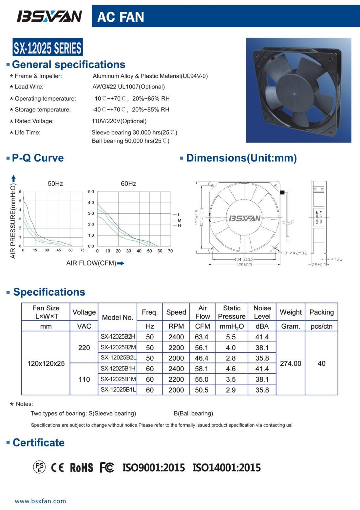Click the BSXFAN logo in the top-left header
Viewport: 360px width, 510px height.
(x=49, y=16)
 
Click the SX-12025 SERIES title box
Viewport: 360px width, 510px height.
(x=47, y=48)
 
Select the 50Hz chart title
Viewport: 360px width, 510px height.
(x=55, y=184)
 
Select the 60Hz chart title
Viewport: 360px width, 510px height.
(x=128, y=184)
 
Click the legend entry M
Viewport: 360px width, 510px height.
(x=179, y=220)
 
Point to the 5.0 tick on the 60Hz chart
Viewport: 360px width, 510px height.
(x=91, y=192)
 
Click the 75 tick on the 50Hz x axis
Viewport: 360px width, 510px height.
(x=82, y=250)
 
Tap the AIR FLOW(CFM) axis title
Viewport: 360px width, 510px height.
(x=91, y=263)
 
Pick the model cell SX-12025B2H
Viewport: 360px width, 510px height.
(x=118, y=337)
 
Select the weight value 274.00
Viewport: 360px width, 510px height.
(x=291, y=363)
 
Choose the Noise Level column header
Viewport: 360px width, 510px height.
(x=262, y=312)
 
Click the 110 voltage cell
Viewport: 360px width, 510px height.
(x=84, y=379)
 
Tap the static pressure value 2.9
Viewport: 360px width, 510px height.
(x=231, y=390)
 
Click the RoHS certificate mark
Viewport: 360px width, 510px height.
(x=82, y=467)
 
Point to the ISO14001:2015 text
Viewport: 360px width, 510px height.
(x=227, y=467)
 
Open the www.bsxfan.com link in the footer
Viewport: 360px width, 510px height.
(x=40, y=501)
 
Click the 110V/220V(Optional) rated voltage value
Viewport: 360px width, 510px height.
(x=119, y=121)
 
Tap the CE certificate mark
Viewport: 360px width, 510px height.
(x=58, y=467)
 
